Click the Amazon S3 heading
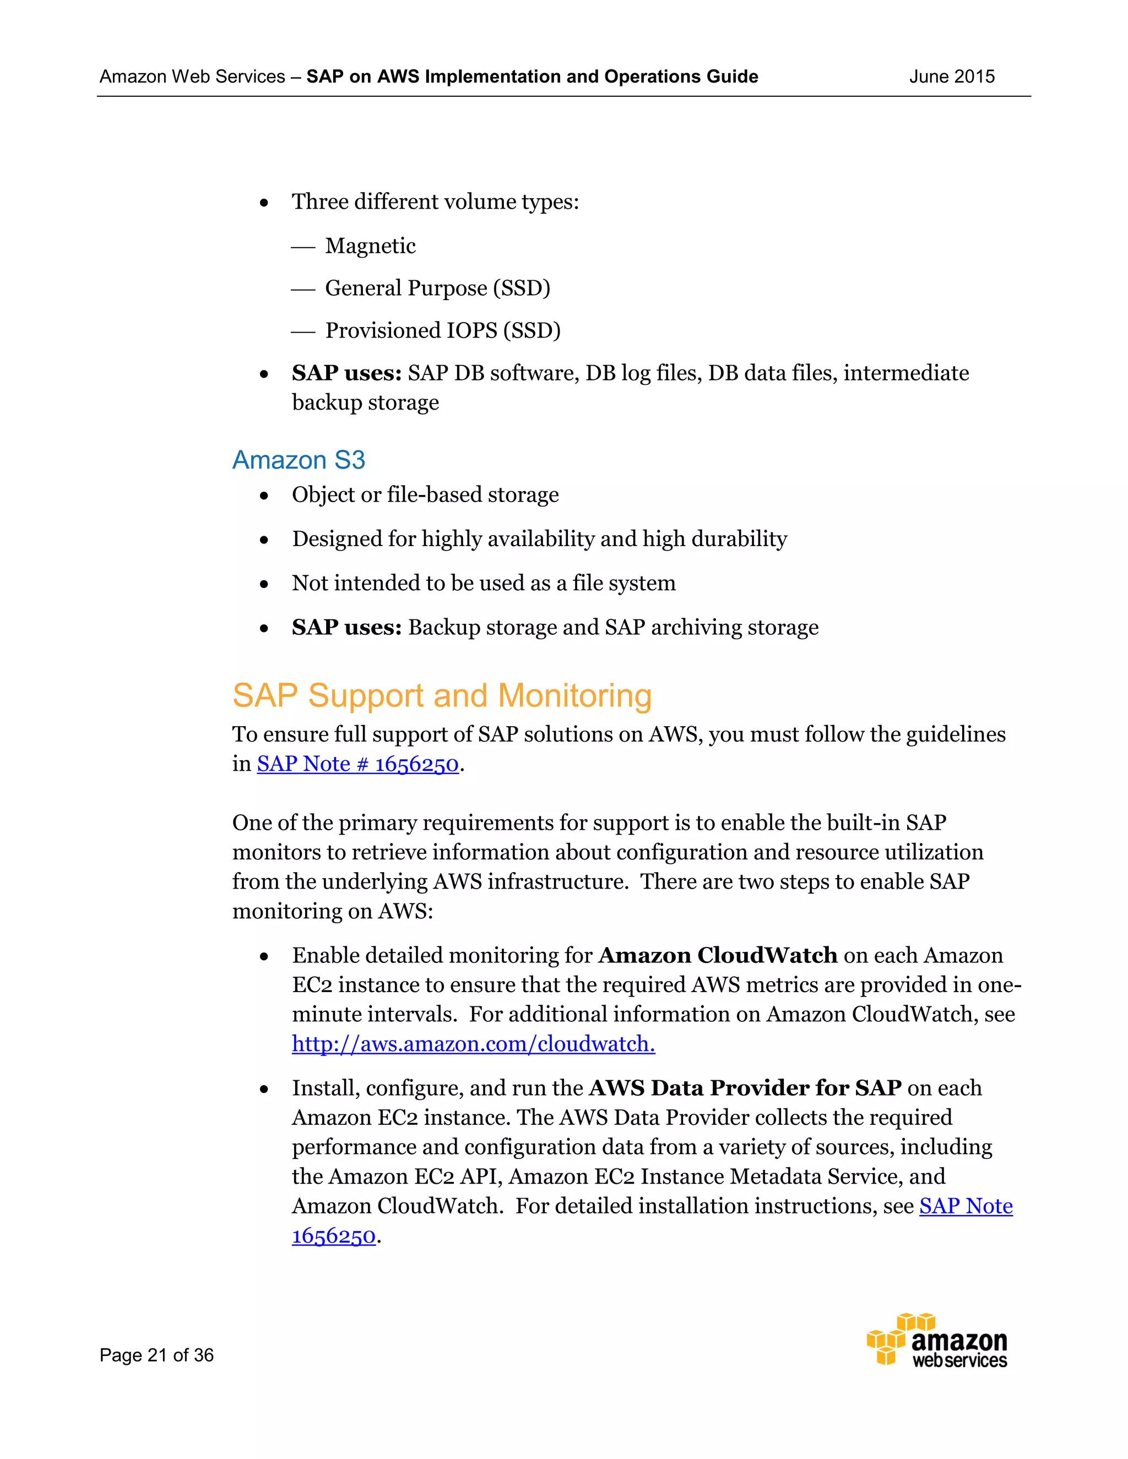pyautogui.click(x=299, y=460)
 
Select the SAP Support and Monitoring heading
pyautogui.click(x=442, y=695)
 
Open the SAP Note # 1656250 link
pyautogui.click(x=357, y=764)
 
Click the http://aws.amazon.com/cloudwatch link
pyautogui.click(x=473, y=1043)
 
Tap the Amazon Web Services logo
pyautogui.click(x=937, y=1341)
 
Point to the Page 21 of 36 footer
pyautogui.click(x=156, y=1355)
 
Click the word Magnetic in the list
pyautogui.click(x=370, y=246)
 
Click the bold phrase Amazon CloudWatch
pyautogui.click(x=718, y=955)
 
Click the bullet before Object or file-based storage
pyautogui.click(x=264, y=496)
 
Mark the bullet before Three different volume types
pyautogui.click(x=264, y=203)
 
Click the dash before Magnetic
pyautogui.click(x=303, y=247)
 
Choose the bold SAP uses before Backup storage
pyautogui.click(x=346, y=627)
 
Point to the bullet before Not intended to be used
pyautogui.click(x=264, y=584)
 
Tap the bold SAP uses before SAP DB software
pyautogui.click(x=346, y=373)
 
